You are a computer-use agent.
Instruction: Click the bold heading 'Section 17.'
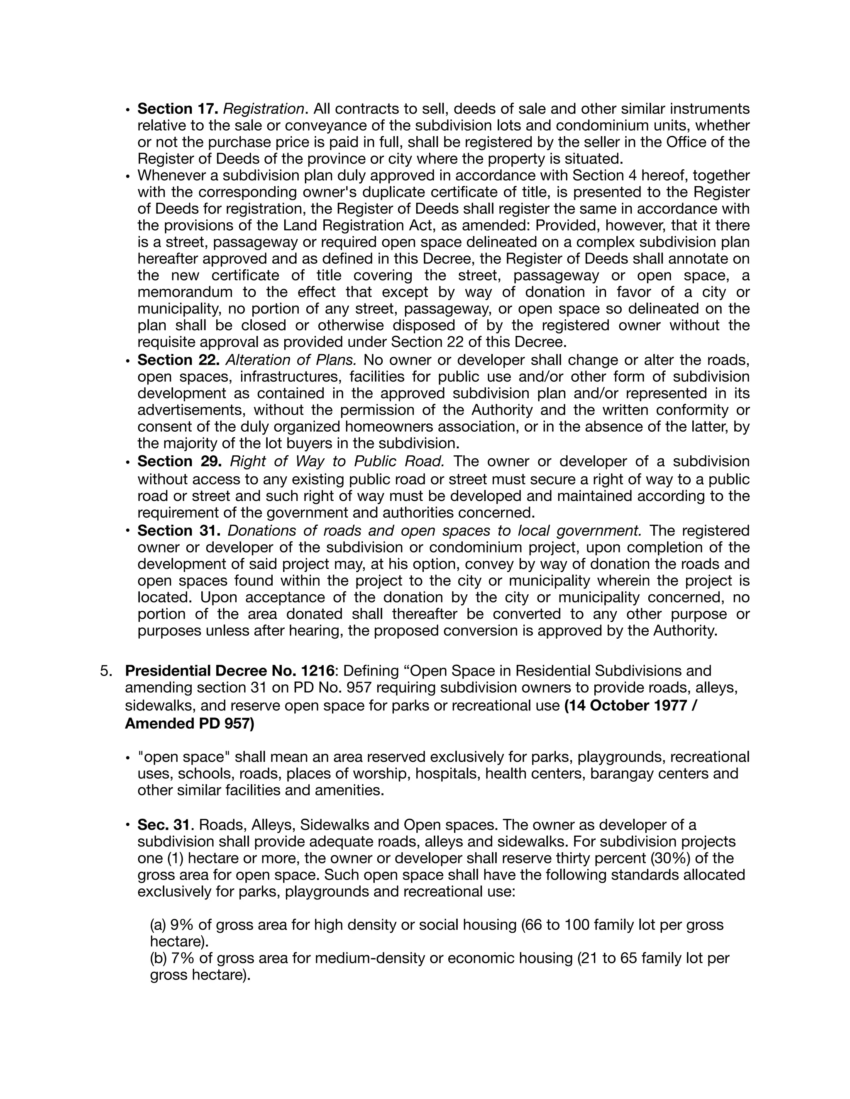point(177,109)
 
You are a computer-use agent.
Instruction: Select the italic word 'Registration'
point(264,109)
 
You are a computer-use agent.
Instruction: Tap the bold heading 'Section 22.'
point(178,360)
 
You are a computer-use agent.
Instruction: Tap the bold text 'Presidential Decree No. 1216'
point(230,671)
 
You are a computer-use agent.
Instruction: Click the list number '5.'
point(105,671)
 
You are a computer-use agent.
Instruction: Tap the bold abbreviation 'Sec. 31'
point(165,825)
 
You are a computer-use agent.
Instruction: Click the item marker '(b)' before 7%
point(159,958)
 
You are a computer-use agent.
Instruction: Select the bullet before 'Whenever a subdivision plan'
point(128,177)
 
